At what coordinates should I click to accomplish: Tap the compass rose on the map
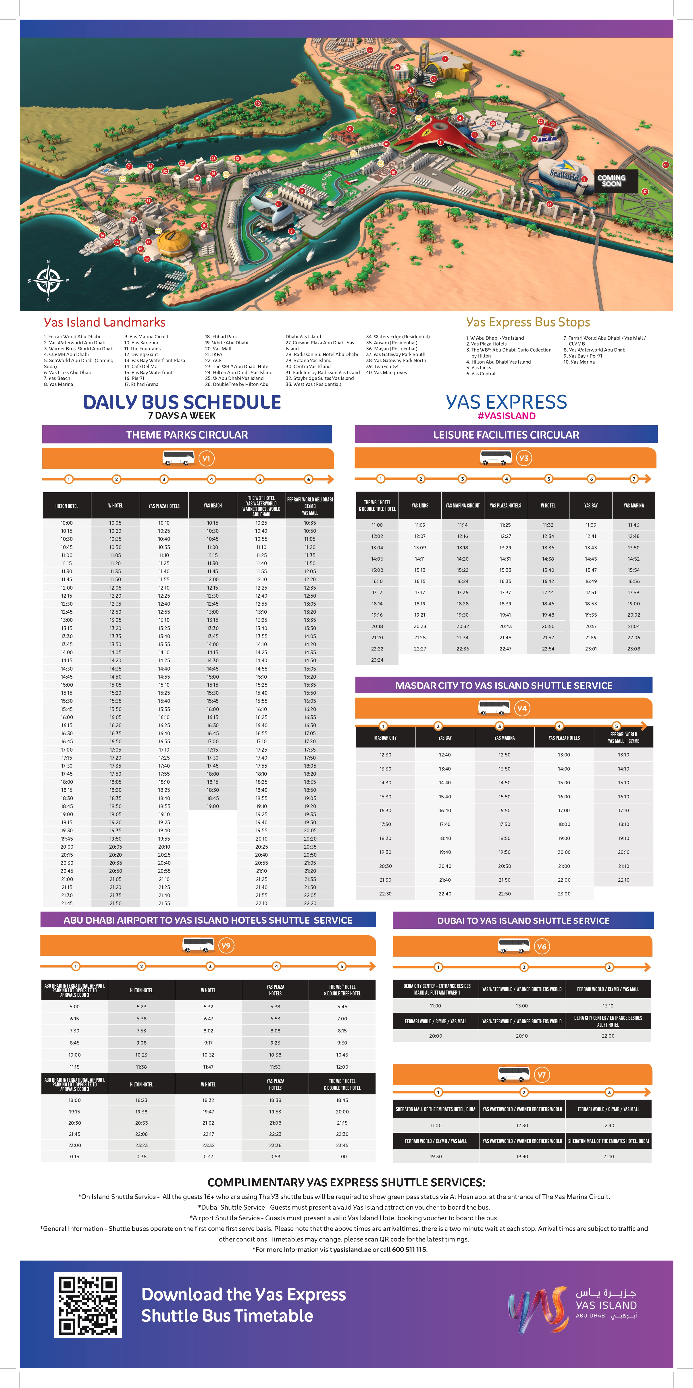(48, 281)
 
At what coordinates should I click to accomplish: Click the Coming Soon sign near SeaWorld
(612, 181)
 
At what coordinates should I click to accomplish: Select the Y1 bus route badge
(206, 459)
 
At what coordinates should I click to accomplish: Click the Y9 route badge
(226, 945)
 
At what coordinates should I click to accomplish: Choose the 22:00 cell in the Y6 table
(608, 1036)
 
